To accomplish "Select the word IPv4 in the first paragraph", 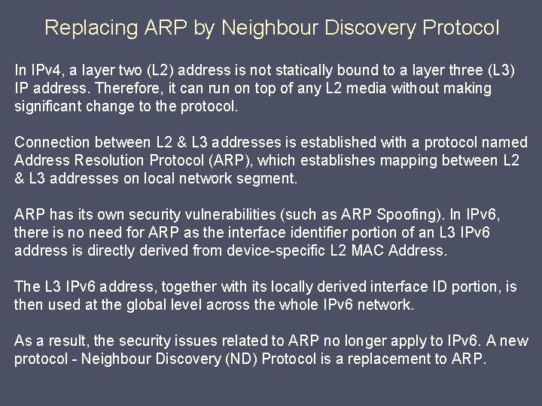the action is click(47, 71).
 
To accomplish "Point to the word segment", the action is click(270, 179).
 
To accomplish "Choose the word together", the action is click(180, 287).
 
